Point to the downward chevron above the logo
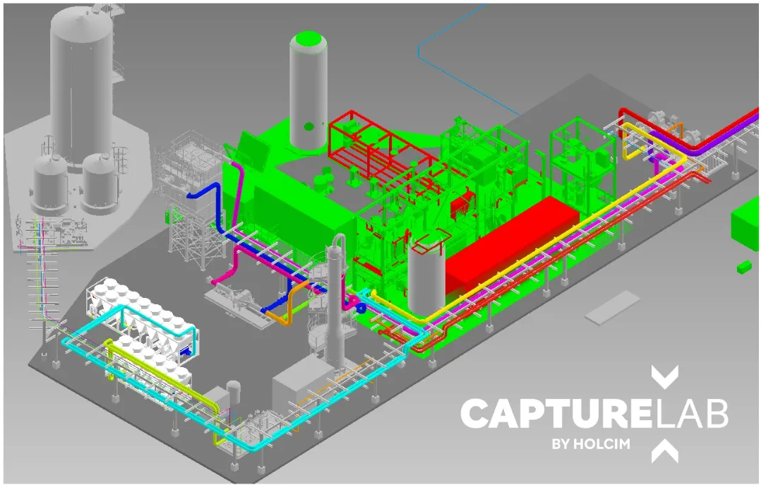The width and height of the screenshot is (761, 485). [x=664, y=377]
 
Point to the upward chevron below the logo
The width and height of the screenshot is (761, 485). [x=664, y=451]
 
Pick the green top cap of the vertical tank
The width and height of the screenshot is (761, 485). [x=308, y=41]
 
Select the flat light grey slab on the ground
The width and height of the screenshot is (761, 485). [x=612, y=308]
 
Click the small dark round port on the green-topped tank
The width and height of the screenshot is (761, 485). [x=308, y=127]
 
